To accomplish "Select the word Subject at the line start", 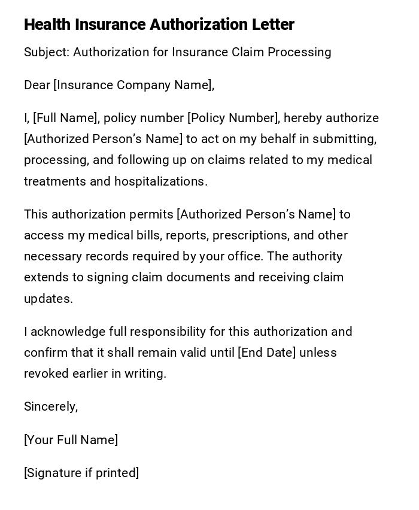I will [x=46, y=52].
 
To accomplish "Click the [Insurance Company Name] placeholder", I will [x=133, y=85].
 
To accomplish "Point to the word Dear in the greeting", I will [x=37, y=85].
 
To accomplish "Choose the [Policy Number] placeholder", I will [x=233, y=118].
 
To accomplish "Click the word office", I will [x=247, y=256].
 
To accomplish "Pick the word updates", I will [x=48, y=299].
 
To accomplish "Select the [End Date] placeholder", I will [x=267, y=353].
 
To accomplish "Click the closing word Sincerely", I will [x=51, y=406].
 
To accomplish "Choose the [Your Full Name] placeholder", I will [x=71, y=440].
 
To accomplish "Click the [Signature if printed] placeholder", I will [x=81, y=473].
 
